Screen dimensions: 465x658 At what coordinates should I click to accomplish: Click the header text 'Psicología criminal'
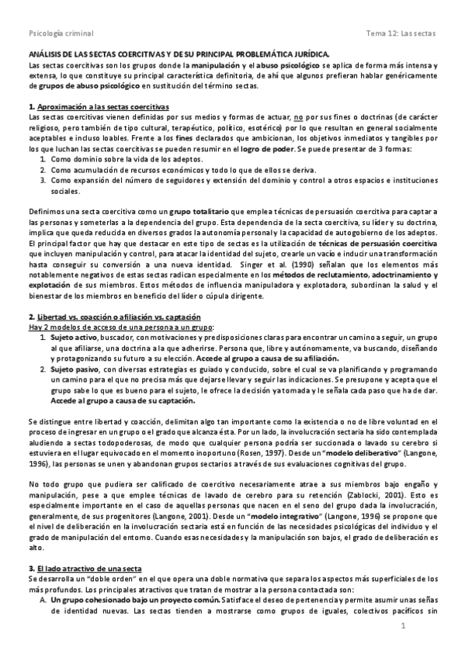(61, 34)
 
